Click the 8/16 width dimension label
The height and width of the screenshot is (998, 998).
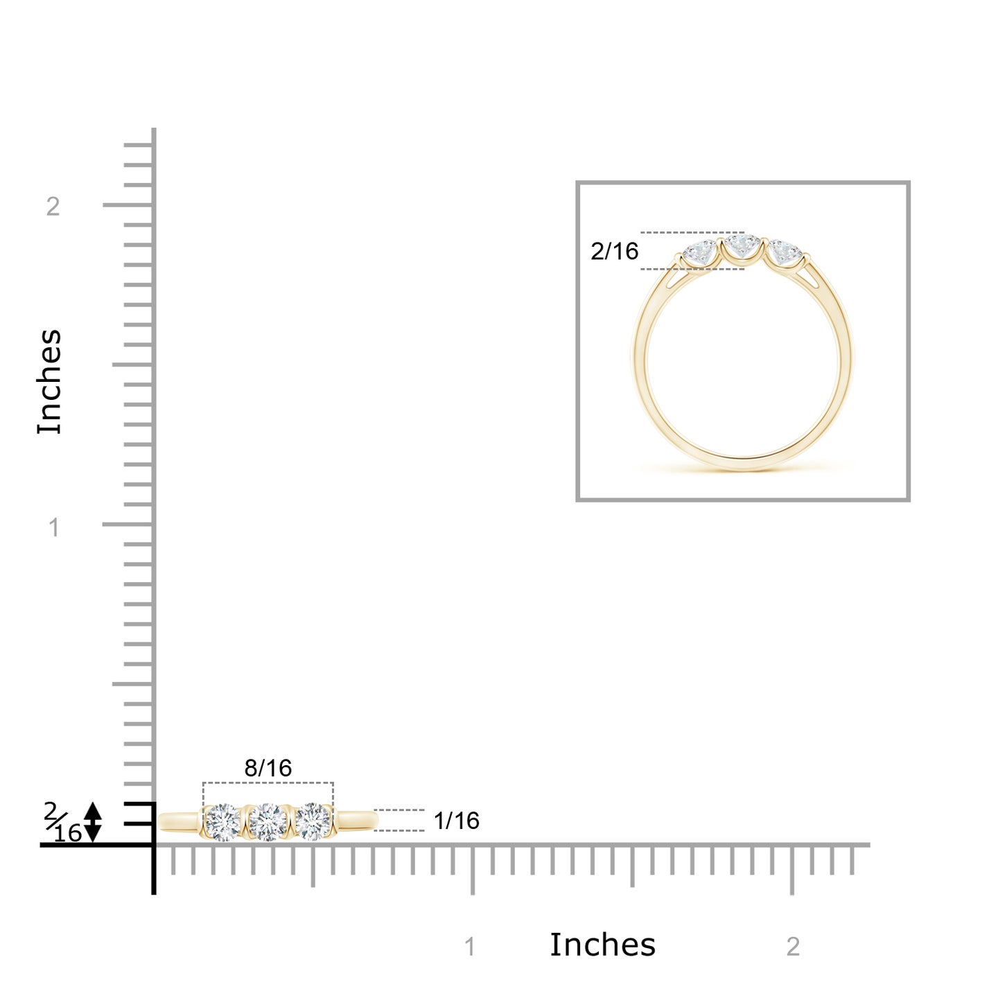tap(268, 768)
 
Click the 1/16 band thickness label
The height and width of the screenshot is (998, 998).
tap(456, 821)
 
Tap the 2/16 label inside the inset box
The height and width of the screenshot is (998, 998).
tap(614, 251)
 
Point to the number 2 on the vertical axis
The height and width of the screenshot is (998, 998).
tap(53, 207)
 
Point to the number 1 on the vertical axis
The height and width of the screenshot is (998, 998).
tap(54, 528)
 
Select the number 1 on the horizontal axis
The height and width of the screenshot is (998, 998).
tap(470, 947)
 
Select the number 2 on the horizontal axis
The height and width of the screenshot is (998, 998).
tap(793, 947)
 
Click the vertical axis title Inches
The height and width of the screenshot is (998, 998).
tap(50, 382)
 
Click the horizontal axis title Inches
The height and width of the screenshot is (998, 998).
tap(602, 945)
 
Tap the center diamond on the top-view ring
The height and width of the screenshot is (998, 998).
tap(268, 822)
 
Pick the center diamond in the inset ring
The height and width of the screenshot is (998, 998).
tap(742, 247)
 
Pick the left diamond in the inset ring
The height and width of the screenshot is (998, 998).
tap(701, 253)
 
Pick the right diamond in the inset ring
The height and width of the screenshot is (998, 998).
tap(785, 253)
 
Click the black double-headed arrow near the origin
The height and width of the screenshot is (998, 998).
tap(92, 822)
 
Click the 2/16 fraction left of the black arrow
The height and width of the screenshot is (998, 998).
tap(62, 822)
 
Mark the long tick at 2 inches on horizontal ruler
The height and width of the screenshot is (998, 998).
tap(791, 869)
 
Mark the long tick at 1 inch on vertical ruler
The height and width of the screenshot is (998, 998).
tap(128, 524)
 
